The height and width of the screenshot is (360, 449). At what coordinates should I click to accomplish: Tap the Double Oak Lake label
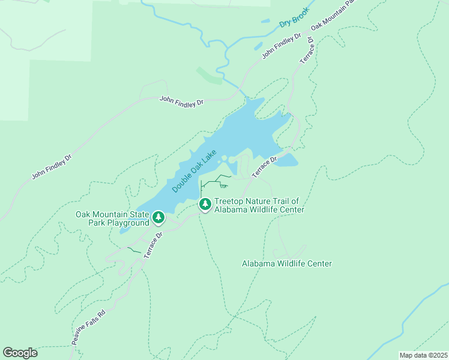[194, 172]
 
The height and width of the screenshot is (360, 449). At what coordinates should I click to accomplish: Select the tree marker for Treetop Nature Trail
[205, 205]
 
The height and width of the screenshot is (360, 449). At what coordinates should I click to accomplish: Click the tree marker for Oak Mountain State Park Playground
[158, 217]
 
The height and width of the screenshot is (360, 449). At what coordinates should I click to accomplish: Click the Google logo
[20, 353]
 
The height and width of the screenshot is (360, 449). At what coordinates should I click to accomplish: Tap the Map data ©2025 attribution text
[423, 355]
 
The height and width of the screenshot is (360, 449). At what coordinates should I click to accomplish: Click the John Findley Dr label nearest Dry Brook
[282, 46]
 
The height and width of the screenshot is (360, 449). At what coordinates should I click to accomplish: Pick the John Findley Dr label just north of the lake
[181, 102]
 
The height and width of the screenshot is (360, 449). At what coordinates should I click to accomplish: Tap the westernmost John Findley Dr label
[52, 167]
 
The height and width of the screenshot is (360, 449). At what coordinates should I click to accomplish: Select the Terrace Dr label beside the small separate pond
[264, 167]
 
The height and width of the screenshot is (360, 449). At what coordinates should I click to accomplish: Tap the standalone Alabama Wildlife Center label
[286, 263]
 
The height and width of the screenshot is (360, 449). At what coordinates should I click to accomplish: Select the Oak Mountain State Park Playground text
[112, 218]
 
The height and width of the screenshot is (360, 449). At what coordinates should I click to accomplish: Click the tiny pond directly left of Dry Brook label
[265, 21]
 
